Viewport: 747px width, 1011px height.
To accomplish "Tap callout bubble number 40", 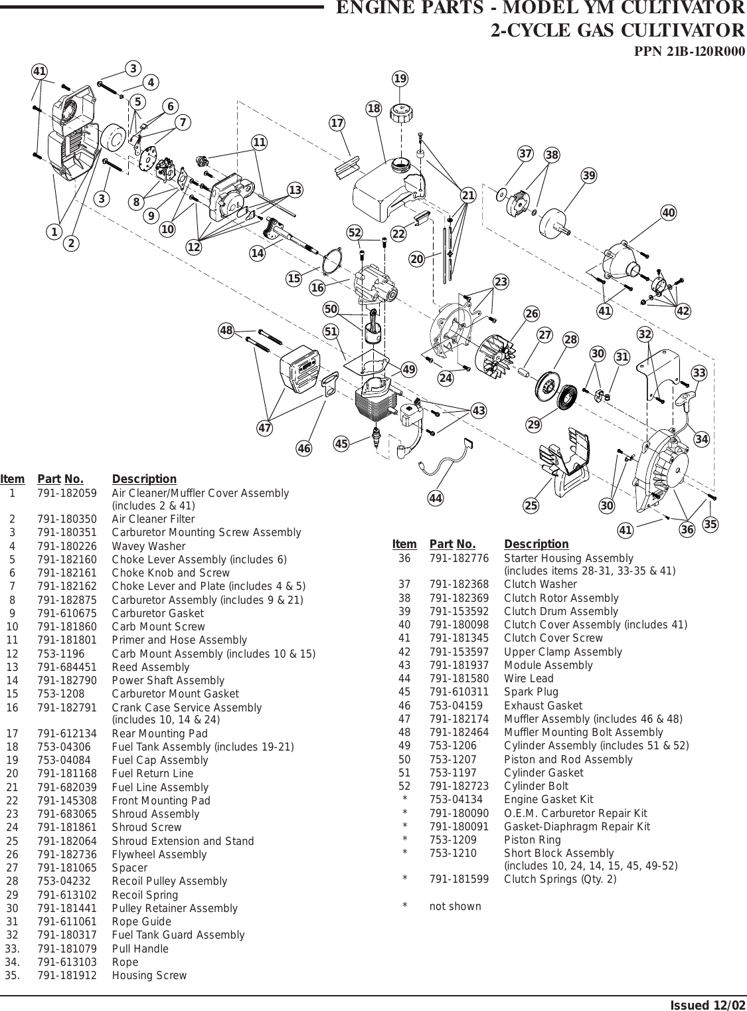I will [x=669, y=213].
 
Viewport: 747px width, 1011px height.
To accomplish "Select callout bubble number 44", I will [x=436, y=498].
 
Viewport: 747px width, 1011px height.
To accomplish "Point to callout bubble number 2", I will [x=71, y=243].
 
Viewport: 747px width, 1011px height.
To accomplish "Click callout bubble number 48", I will [x=227, y=330].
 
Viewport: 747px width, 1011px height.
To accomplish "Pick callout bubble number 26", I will [x=531, y=314].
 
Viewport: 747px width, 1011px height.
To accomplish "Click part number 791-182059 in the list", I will [x=67, y=494].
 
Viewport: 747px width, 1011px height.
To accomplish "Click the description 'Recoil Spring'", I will [x=145, y=895].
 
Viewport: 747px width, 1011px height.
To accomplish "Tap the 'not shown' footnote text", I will [x=455, y=906].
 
